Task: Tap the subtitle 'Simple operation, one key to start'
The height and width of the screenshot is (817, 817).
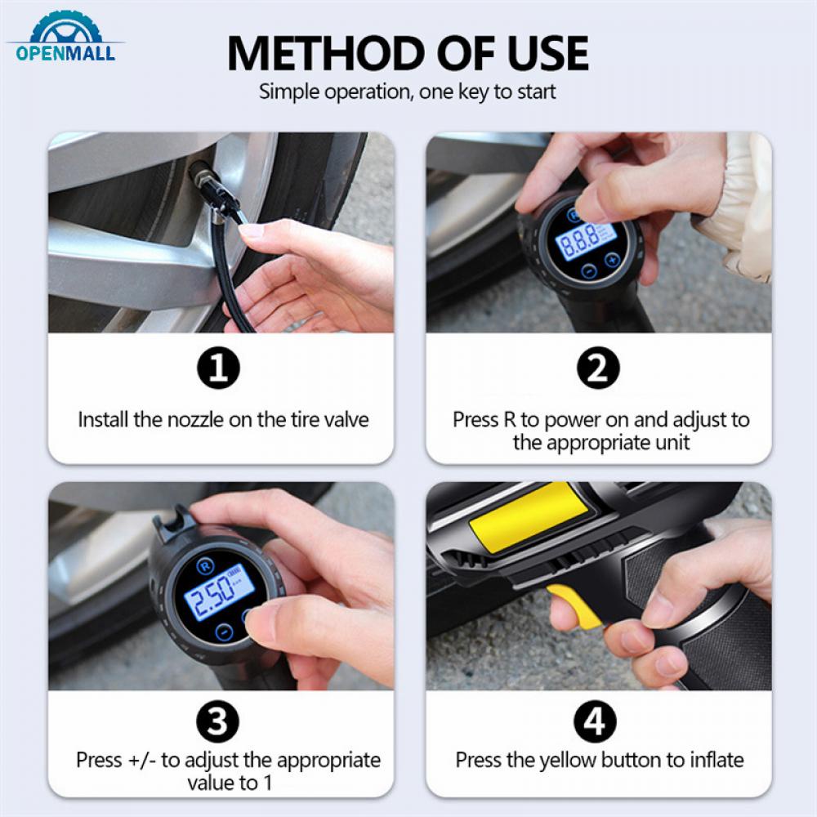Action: [x=408, y=92]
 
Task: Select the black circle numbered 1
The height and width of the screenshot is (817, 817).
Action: [x=220, y=370]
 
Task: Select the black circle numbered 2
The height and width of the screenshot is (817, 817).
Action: [x=598, y=370]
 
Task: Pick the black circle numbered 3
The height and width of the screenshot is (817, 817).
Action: [x=220, y=721]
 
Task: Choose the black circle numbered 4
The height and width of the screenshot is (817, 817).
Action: [x=598, y=721]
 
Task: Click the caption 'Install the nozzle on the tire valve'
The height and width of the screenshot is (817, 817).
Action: [x=223, y=420]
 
